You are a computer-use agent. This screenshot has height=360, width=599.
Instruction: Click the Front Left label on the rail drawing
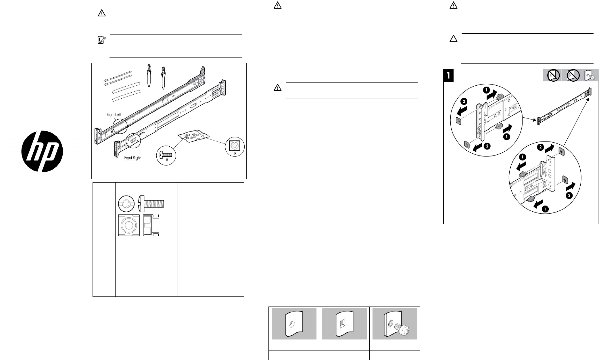point(114,115)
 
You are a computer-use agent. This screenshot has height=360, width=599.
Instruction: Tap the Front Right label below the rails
point(132,158)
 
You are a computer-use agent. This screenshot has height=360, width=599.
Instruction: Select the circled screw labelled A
point(167,156)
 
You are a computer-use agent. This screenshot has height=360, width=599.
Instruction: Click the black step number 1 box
point(449,75)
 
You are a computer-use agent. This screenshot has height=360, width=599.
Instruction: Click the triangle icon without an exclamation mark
point(453,39)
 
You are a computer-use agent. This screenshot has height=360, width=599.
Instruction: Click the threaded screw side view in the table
point(151,204)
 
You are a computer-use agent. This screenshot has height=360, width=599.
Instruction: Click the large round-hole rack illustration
point(294,323)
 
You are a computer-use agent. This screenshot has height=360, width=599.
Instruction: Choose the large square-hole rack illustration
point(344,323)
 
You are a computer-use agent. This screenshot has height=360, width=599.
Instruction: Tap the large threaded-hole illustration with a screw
point(395,323)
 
